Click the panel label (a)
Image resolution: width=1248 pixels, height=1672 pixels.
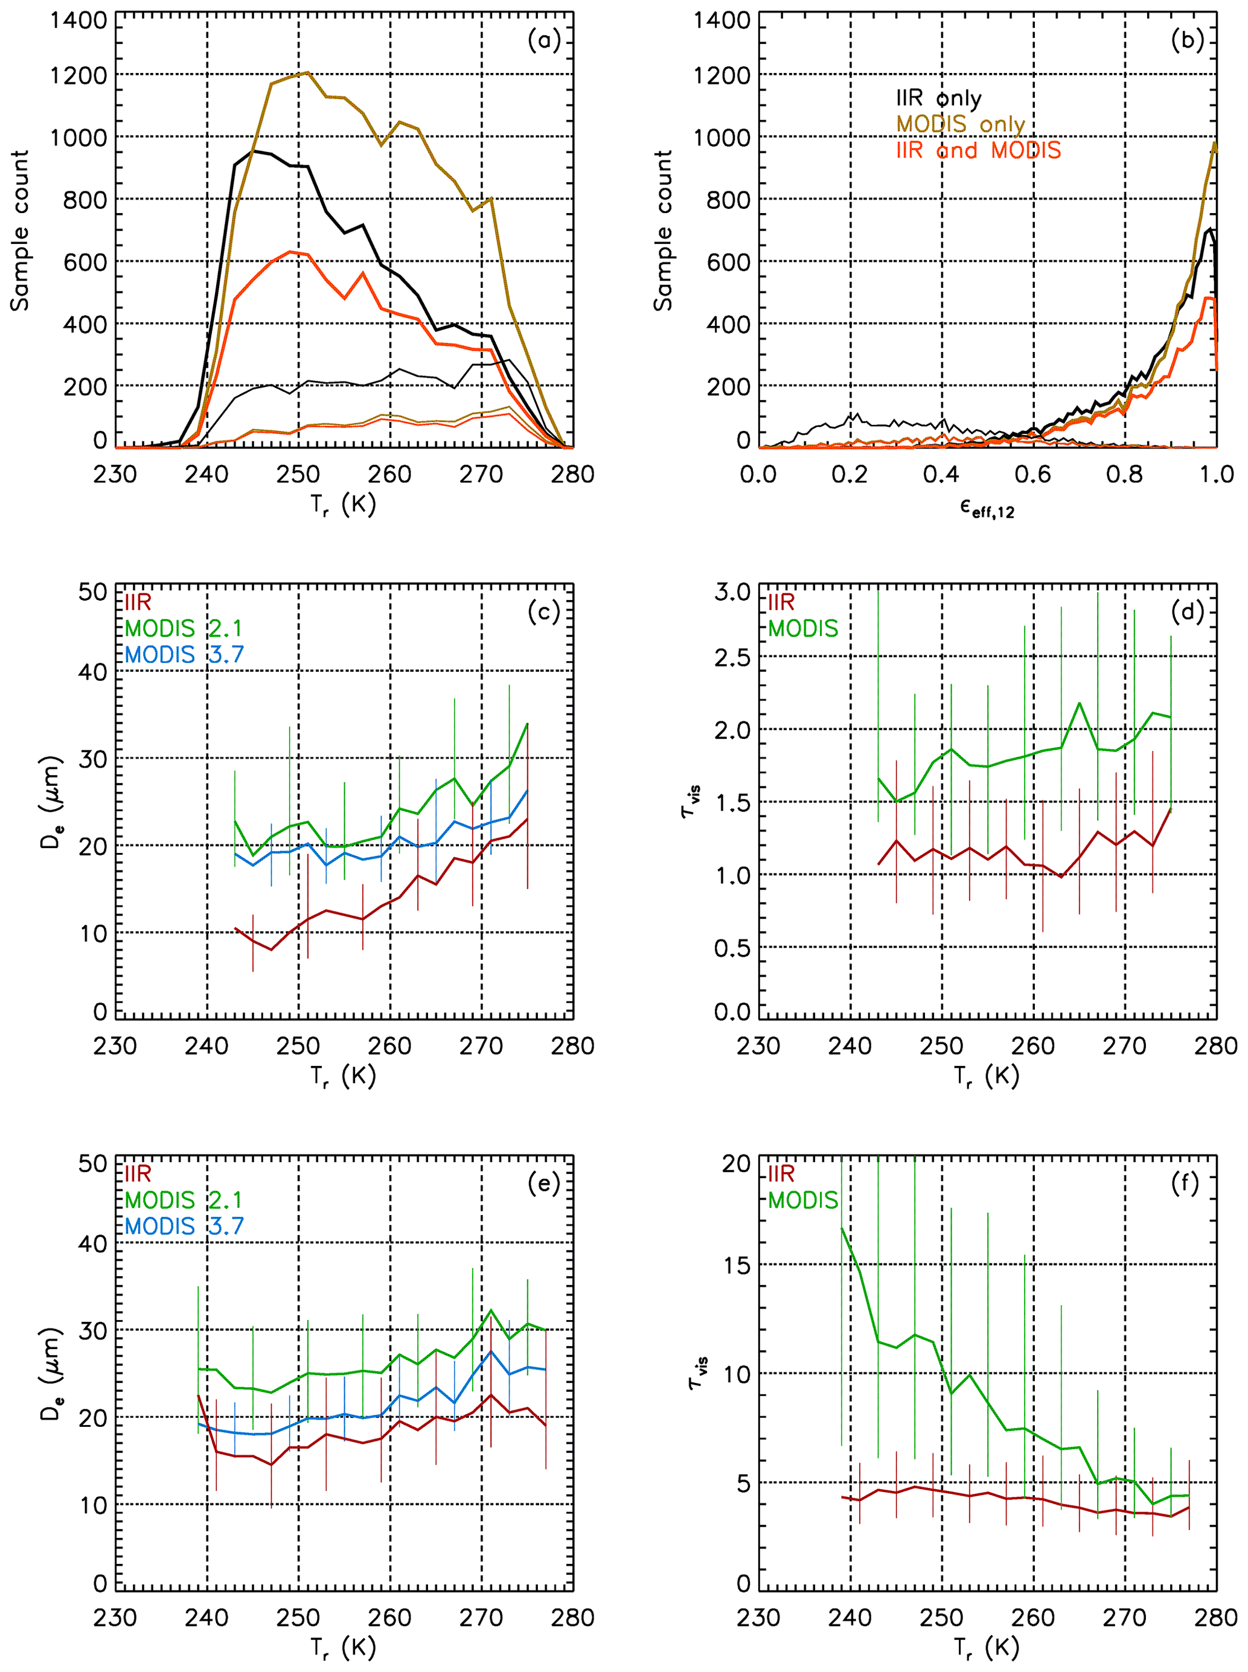(544, 40)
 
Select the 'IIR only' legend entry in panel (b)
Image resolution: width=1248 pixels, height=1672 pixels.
(938, 98)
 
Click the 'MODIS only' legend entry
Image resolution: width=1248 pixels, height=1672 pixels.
(960, 124)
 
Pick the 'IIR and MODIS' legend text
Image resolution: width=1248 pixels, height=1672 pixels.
(978, 150)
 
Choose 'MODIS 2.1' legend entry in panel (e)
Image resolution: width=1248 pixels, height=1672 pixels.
(184, 1200)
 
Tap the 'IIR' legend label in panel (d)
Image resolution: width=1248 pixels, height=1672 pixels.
(781, 602)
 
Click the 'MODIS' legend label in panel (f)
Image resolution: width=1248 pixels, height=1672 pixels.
(803, 1200)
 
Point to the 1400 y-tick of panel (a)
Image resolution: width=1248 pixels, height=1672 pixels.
(78, 21)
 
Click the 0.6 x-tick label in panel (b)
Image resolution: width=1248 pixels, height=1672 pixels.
(1032, 474)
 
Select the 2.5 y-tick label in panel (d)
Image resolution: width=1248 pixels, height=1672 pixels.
(732, 657)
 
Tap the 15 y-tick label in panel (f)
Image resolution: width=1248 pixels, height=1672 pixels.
(737, 1265)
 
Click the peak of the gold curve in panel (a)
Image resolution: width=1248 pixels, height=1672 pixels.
(307, 72)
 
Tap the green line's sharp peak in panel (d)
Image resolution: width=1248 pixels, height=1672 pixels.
(1079, 703)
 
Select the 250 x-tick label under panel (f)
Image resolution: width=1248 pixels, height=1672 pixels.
(941, 1618)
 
